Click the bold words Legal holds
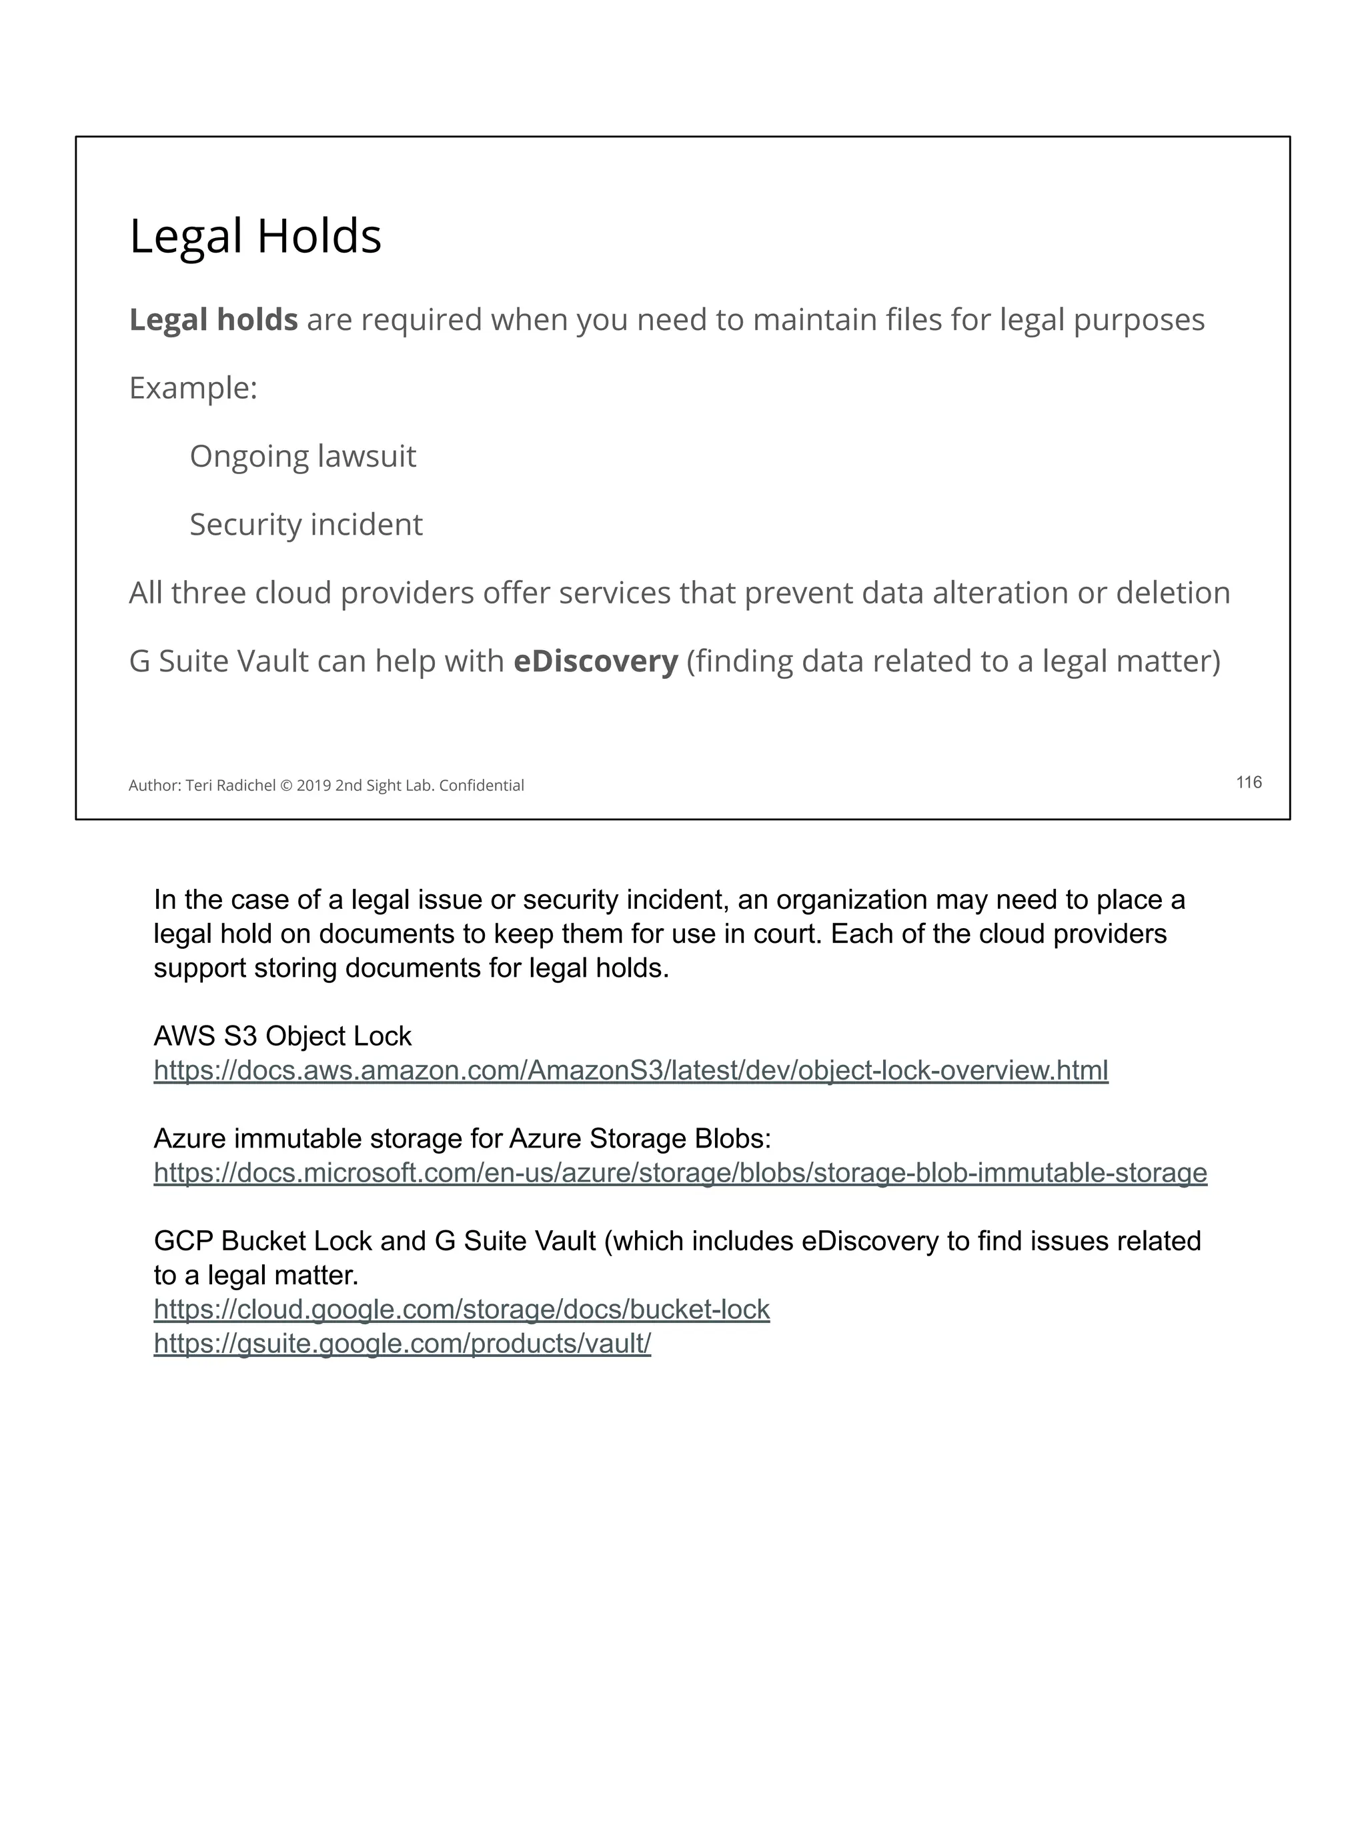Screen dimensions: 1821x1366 213,319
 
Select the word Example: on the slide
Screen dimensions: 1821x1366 193,388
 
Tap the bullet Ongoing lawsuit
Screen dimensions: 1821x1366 302,456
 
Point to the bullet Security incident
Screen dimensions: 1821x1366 305,524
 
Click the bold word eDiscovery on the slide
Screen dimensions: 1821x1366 596,661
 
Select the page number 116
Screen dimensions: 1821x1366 1248,782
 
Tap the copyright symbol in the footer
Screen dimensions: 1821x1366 285,785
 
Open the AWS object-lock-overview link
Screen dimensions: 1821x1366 631,1070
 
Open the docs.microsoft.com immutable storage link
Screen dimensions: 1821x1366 680,1172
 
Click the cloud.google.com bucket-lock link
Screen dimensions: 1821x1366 461,1309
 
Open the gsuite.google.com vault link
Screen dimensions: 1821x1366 402,1344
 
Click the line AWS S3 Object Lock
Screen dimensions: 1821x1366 282,1036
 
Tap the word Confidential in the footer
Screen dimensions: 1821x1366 482,785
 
